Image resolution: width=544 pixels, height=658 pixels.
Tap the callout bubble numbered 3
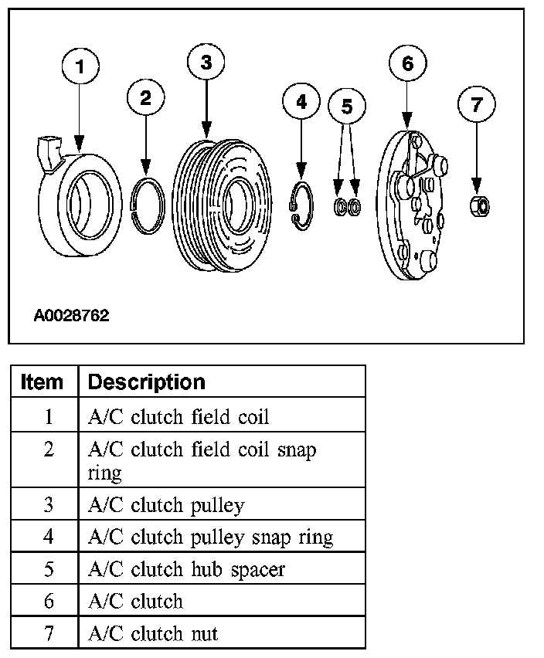tap(206, 63)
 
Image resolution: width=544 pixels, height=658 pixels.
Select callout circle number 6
tap(407, 63)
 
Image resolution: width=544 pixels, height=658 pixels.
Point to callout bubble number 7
tap(476, 103)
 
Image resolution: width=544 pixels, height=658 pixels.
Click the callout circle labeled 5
tap(346, 107)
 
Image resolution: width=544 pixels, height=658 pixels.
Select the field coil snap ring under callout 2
tap(146, 205)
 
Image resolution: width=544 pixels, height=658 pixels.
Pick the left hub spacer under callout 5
tap(338, 207)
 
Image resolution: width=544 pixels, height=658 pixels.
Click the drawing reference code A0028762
tap(71, 315)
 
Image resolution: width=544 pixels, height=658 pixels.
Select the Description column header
tap(147, 382)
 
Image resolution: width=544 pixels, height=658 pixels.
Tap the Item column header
tap(42, 382)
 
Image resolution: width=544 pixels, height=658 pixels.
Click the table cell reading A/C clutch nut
tap(153, 634)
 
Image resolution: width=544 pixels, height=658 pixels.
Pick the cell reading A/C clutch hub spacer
tap(186, 569)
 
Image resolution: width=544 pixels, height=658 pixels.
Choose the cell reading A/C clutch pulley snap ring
tap(211, 537)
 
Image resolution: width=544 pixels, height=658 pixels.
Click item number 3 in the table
tap(49, 505)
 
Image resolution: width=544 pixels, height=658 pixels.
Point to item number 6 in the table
tap(49, 602)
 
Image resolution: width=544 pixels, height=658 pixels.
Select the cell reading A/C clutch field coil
tap(178, 417)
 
